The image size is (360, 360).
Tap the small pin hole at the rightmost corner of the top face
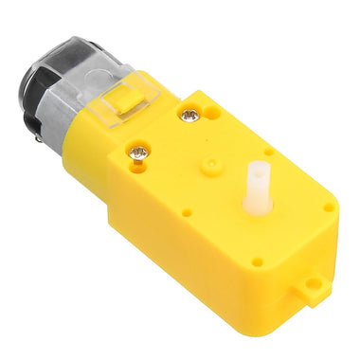point(328,207)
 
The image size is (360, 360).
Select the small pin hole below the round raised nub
point(186,213)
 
